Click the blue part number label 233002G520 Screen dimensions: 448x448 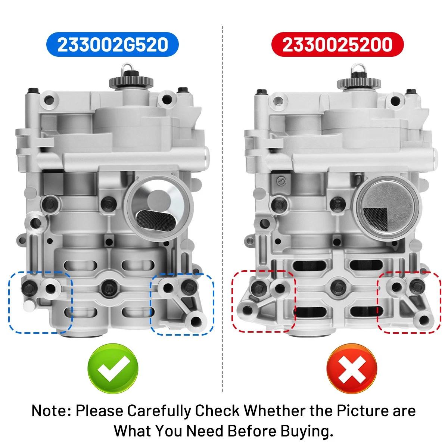112,45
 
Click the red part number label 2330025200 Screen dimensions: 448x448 337,45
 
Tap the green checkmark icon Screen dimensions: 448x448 113,368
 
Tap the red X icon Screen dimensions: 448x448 351,368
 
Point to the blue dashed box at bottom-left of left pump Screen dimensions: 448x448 40,302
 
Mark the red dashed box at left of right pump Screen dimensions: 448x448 264,301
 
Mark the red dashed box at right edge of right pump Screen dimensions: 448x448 409,302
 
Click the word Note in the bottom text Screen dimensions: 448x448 50,411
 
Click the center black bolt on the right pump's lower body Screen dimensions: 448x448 338,287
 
